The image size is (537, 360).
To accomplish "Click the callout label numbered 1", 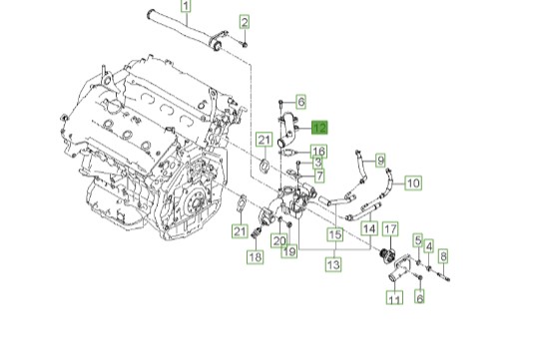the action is point(186,6).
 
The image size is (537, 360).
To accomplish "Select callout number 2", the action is point(245,22).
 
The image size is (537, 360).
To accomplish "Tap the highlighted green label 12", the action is point(319,128).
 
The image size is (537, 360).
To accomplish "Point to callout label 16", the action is point(318,152).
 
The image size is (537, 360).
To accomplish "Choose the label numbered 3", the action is point(317,163).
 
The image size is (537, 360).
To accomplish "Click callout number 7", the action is point(319,176).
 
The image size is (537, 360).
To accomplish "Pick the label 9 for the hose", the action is point(380,161).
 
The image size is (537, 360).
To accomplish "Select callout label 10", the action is point(413,183).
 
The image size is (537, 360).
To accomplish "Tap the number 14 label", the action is point(369,228).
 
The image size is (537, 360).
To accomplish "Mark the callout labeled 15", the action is point(335,234).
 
